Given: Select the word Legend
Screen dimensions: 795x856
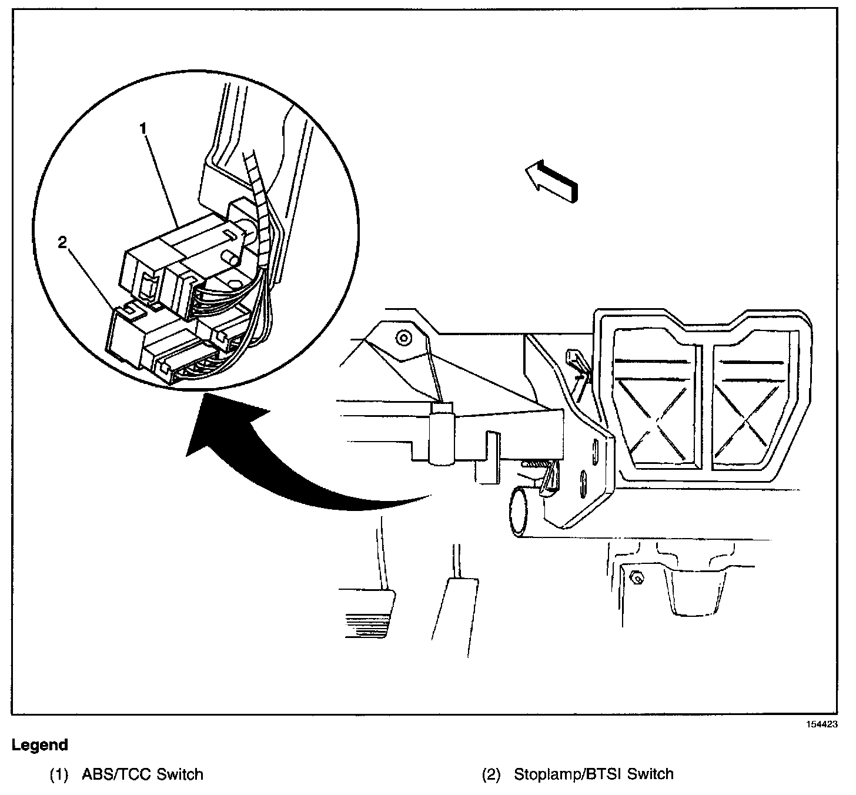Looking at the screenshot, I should (x=40, y=745).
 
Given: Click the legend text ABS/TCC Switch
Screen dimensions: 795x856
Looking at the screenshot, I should (x=142, y=774).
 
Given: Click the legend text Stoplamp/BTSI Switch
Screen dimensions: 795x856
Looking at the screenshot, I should (x=593, y=774).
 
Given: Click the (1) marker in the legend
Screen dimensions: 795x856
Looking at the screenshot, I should (x=59, y=774).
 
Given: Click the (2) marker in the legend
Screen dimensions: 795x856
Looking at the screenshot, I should (x=491, y=774).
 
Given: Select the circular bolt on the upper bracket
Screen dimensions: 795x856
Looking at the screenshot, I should (x=403, y=338).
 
